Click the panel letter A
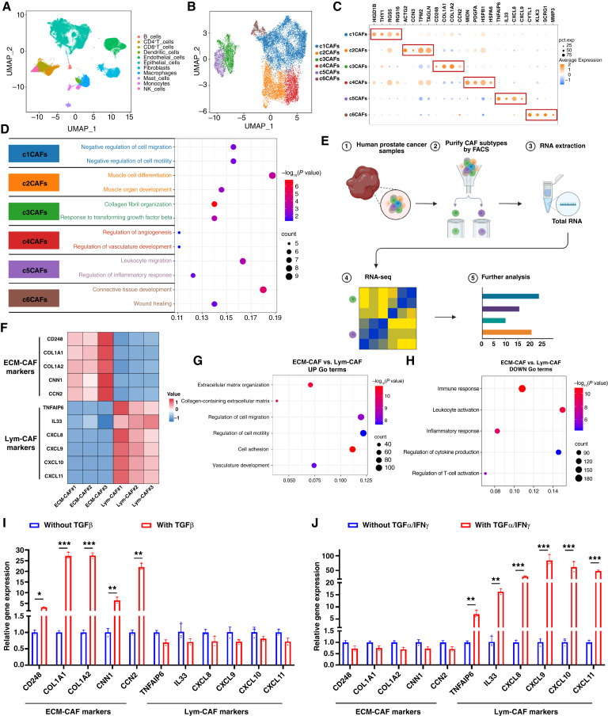6,7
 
